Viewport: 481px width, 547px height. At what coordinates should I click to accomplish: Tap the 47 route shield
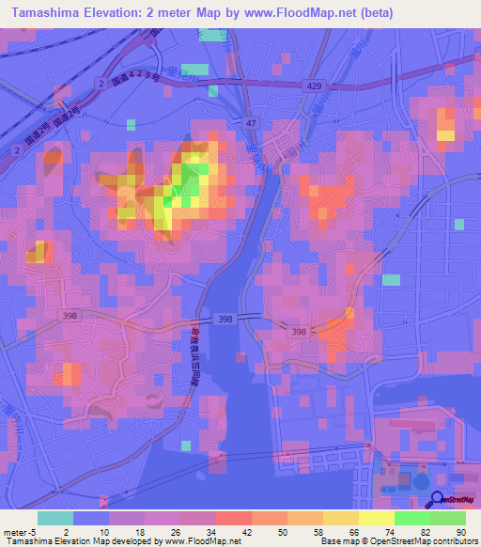[251, 123]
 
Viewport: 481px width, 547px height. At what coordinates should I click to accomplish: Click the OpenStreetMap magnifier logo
[437, 500]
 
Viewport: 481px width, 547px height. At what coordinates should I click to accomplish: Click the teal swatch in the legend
[55, 518]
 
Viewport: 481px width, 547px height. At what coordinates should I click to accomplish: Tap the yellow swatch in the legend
[376, 518]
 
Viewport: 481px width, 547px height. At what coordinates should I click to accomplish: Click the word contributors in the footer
[452, 540]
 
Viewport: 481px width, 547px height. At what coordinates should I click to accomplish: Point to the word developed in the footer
[137, 540]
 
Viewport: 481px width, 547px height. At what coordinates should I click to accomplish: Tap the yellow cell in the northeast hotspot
[444, 135]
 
